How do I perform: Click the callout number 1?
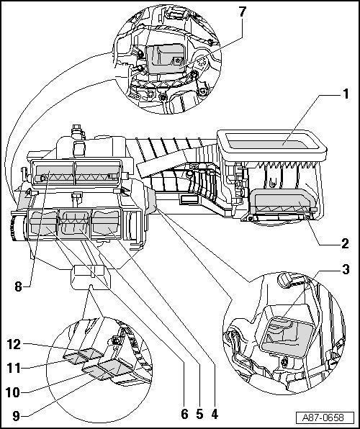point(346,94)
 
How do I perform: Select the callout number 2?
point(345,243)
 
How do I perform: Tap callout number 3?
point(346,269)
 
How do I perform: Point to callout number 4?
point(215,414)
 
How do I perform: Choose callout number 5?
point(200,414)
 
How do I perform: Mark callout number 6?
point(185,414)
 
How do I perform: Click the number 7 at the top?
point(243,12)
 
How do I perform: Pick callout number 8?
point(18,286)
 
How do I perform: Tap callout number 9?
point(17,416)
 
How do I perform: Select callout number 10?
point(13,392)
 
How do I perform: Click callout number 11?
point(14,368)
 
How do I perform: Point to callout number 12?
point(14,345)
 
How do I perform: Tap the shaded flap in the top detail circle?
point(164,59)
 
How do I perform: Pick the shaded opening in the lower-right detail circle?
point(287,337)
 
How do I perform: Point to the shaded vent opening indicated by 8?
point(76,172)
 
